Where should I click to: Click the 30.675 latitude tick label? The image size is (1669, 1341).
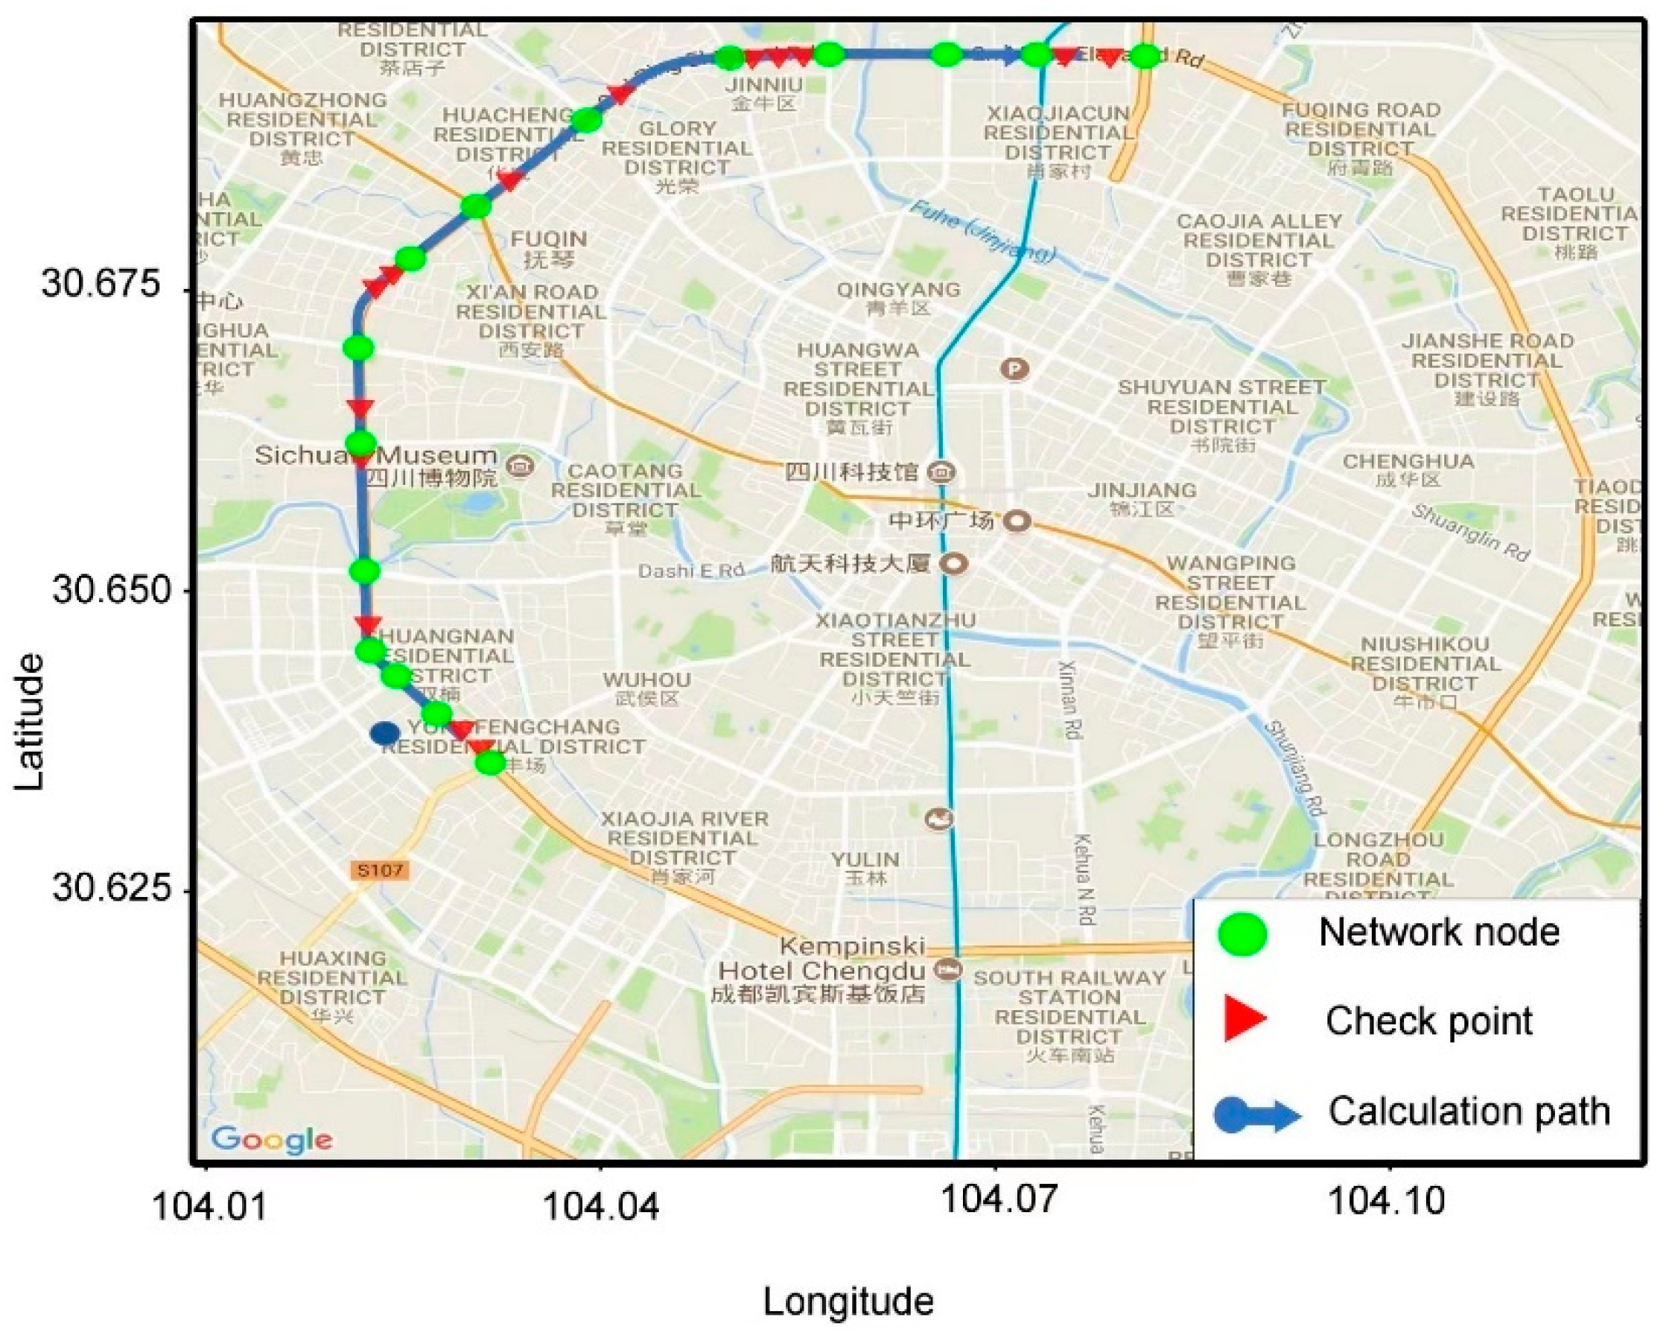pyautogui.click(x=101, y=282)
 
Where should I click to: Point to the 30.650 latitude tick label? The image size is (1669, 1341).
pyautogui.click(x=112, y=590)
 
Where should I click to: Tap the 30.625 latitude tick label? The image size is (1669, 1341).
pyautogui.click(x=112, y=888)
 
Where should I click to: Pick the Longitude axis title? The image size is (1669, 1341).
pyautogui.click(x=848, y=1302)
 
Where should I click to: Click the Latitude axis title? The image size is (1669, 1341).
pyautogui.click(x=29, y=722)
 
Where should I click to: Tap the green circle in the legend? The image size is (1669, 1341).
pyautogui.click(x=1242, y=933)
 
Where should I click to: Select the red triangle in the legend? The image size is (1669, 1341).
pyautogui.click(x=1244, y=1020)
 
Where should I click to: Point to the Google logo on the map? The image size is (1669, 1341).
pyautogui.click(x=272, y=1139)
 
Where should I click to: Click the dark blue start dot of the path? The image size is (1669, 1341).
pyautogui.click(x=385, y=732)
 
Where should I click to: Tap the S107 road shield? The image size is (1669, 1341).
pyautogui.click(x=380, y=870)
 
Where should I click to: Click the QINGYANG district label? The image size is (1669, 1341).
pyautogui.click(x=898, y=291)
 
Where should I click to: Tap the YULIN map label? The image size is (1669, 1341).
pyautogui.click(x=865, y=860)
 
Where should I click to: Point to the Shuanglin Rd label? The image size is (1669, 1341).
pyautogui.click(x=1469, y=533)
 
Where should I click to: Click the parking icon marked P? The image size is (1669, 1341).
pyautogui.click(x=1014, y=370)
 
